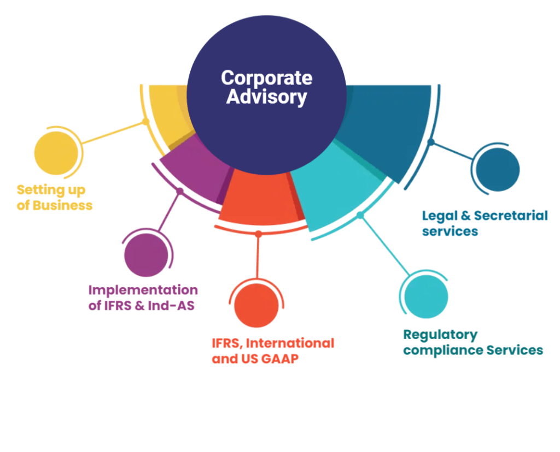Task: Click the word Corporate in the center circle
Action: coord(266,78)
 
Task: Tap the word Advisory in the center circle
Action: coord(266,97)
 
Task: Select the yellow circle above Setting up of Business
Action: coord(56,153)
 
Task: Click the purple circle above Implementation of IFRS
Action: coord(146,255)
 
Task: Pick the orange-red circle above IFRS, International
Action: coord(256,306)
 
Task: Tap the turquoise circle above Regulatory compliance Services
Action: coord(426,296)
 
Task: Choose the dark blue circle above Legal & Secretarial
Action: coord(498,170)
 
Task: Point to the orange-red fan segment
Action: coord(261,198)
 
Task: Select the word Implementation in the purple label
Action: coord(143,290)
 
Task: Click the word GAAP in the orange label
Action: coord(279,359)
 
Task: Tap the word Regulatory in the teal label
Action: coord(440,335)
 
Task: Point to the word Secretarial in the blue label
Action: coord(511,215)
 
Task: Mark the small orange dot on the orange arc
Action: coord(259,234)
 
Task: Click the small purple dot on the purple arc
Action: coord(180,192)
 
